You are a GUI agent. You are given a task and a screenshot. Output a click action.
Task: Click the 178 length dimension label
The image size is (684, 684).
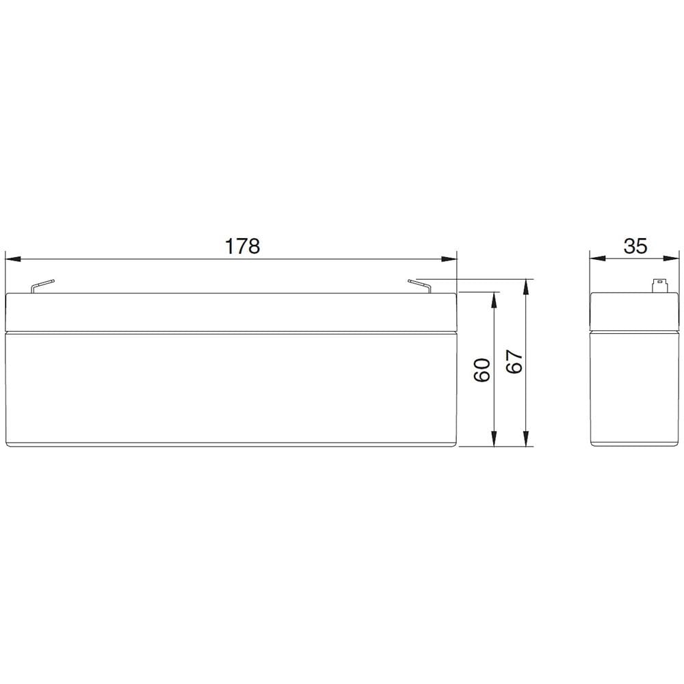click(x=243, y=246)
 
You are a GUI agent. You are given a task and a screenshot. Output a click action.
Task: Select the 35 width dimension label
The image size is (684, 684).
click(x=635, y=246)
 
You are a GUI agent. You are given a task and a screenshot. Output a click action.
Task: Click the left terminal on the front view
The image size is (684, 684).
click(x=42, y=286)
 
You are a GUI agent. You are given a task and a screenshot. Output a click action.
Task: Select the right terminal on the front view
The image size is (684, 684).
click(x=419, y=286)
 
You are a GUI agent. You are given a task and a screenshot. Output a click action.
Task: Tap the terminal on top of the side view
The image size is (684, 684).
click(x=659, y=285)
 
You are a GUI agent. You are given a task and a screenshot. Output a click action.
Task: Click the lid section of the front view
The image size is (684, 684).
click(x=231, y=313)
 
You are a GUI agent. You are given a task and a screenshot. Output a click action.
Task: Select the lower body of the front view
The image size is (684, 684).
click(x=231, y=390)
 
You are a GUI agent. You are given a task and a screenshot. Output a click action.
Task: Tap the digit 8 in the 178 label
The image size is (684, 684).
click(x=254, y=246)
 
